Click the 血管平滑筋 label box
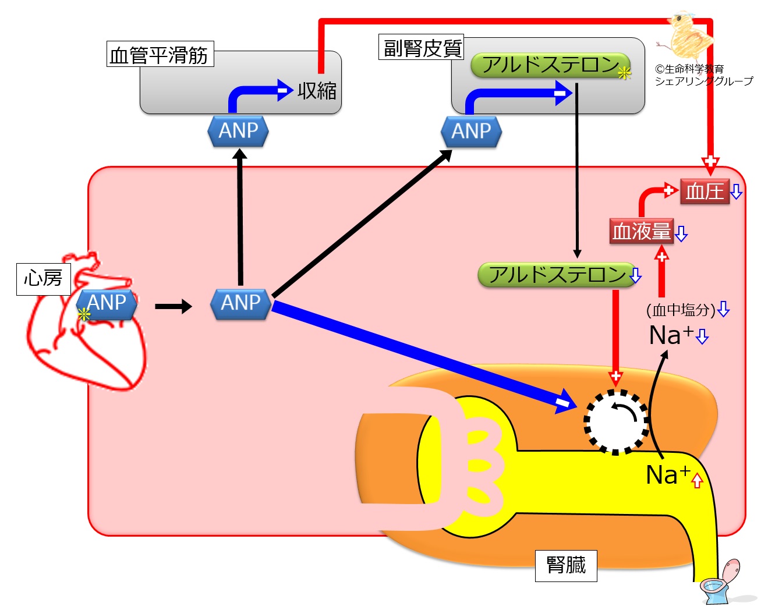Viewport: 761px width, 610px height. pyautogui.click(x=160, y=55)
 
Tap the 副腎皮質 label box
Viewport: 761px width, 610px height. pyautogui.click(x=422, y=47)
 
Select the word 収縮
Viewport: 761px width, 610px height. pyautogui.click(x=317, y=91)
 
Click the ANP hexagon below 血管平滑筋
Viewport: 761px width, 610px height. pyautogui.click(x=238, y=131)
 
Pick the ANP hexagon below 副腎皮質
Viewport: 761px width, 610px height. pyautogui.click(x=472, y=131)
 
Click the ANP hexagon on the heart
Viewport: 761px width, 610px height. pyautogui.click(x=107, y=303)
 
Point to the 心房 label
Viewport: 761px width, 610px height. pyautogui.click(x=43, y=278)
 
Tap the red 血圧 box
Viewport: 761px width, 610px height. pyautogui.click(x=705, y=191)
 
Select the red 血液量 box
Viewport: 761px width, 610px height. pyautogui.click(x=641, y=231)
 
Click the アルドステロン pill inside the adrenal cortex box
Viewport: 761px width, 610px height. pyautogui.click(x=550, y=65)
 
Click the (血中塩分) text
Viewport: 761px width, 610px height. pyautogui.click(x=681, y=310)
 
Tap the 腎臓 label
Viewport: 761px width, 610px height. pyautogui.click(x=566, y=565)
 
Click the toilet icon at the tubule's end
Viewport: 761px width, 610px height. pyautogui.click(x=719, y=584)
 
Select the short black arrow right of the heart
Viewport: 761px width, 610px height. pyautogui.click(x=173, y=306)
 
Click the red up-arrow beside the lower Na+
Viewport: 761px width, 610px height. pyautogui.click(x=698, y=480)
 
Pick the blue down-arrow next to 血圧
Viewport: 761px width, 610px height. pyautogui.click(x=737, y=192)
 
